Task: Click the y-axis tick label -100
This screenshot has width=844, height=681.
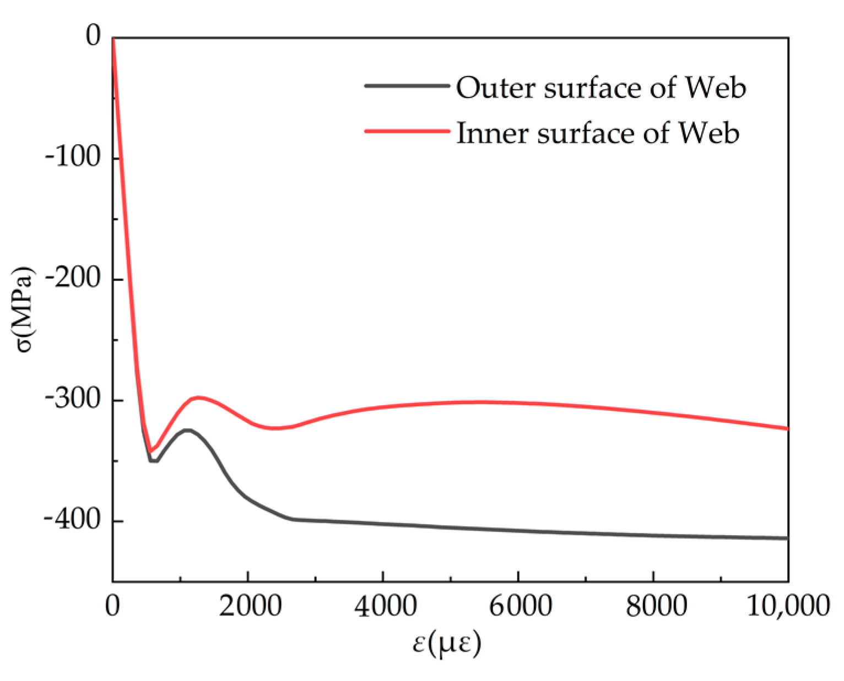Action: pos(73,158)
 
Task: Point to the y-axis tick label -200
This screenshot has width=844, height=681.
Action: pos(73,279)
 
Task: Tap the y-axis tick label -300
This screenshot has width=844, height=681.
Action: pos(73,400)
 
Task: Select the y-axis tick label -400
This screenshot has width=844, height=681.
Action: pos(73,521)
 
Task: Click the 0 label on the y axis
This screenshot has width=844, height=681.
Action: pos(94,37)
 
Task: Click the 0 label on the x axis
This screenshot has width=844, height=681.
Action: pos(112,606)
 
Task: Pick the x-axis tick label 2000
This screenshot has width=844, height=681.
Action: pos(248,606)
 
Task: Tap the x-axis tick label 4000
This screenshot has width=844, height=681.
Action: pos(383,606)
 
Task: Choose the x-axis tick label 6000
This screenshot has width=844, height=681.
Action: pos(518,606)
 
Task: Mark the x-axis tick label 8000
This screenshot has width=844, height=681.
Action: pos(653,606)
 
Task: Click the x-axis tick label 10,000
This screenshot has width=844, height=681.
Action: pos(788,606)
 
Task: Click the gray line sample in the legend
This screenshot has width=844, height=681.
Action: pos(407,86)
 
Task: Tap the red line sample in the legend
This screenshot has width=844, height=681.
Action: pos(407,131)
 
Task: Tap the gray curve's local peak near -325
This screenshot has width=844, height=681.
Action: pos(187,430)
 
